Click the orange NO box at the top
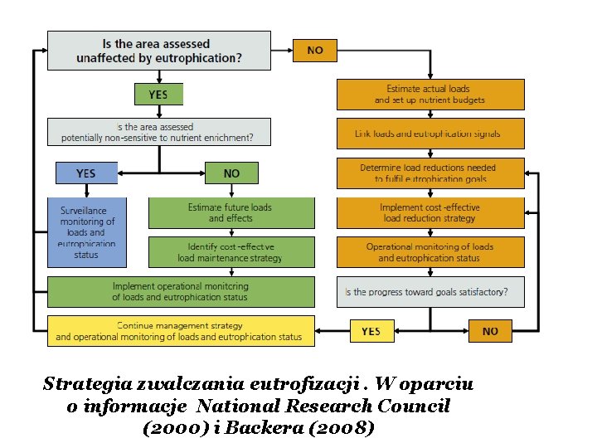coord(315,50)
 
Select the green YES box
coord(158,95)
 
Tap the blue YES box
coord(86,173)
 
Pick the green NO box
coord(231,173)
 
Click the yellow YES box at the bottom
coord(371,331)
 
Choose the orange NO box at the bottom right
coord(490,331)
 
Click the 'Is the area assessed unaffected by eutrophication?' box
coord(158,51)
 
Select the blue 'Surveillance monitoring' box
coord(86,232)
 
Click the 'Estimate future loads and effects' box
coord(231,212)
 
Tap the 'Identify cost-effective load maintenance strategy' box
coord(231,252)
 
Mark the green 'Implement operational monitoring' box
coord(181,291)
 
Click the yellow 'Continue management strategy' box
coord(181,330)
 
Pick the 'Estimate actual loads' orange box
coord(430,94)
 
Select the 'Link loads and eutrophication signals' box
coord(430,134)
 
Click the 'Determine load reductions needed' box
coord(430,173)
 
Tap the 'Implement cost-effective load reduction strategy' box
coord(430,212)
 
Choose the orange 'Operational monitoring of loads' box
coord(430,252)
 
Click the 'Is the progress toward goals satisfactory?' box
coord(430,291)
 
